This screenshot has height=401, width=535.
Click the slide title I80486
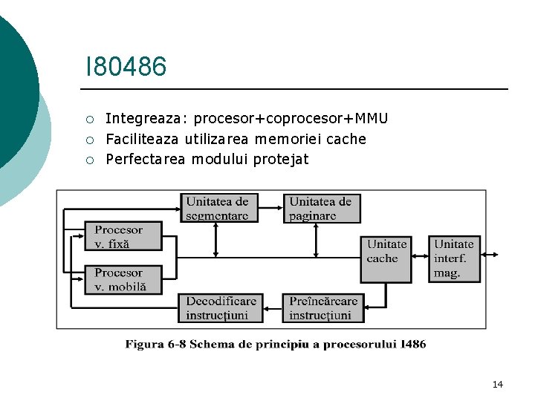pos(126,67)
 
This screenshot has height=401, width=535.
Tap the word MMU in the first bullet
pos(372,119)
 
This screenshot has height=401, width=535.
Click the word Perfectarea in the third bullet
pos(145,159)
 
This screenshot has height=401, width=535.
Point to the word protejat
pos(281,159)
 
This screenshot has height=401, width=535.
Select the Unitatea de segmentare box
pos(218,208)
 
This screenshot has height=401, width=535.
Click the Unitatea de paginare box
pos(321,208)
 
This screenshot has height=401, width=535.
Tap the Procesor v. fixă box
pos(123,236)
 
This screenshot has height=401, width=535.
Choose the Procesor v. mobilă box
pos(123,279)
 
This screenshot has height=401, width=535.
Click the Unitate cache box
pos(386,258)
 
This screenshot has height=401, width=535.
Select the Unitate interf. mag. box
pos(454,258)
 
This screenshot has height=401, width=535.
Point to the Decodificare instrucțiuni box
pos(221,308)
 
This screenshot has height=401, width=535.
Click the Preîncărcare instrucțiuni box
pos(323,308)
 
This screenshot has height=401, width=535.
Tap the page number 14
pos(497,384)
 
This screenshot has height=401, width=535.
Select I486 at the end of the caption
pos(412,344)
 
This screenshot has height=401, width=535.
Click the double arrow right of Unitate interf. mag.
pos(491,255)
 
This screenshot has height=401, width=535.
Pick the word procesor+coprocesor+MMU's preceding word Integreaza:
pos(147,119)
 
